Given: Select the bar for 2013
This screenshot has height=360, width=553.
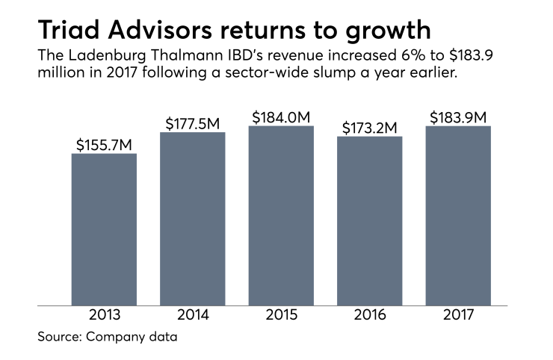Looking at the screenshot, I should tap(104, 229).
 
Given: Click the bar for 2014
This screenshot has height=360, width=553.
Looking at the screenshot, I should tap(193, 218).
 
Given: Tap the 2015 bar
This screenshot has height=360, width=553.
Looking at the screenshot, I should tap(281, 215).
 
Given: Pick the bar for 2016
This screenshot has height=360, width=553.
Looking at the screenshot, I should tap(369, 220).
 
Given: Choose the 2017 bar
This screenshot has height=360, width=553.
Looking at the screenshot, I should tap(458, 215).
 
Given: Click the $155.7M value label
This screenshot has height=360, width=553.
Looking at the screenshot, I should tap(104, 143).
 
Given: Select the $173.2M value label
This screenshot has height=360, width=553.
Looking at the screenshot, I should tap(369, 127).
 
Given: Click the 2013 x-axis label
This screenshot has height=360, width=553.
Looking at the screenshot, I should tap(104, 317).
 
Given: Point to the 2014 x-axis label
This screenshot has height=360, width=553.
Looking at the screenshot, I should tap(193, 317).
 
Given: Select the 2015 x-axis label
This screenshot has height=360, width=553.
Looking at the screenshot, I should tap(281, 317).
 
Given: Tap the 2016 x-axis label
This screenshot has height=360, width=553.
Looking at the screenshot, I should tap(369, 317).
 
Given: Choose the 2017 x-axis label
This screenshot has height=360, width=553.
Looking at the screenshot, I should tap(458, 317).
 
